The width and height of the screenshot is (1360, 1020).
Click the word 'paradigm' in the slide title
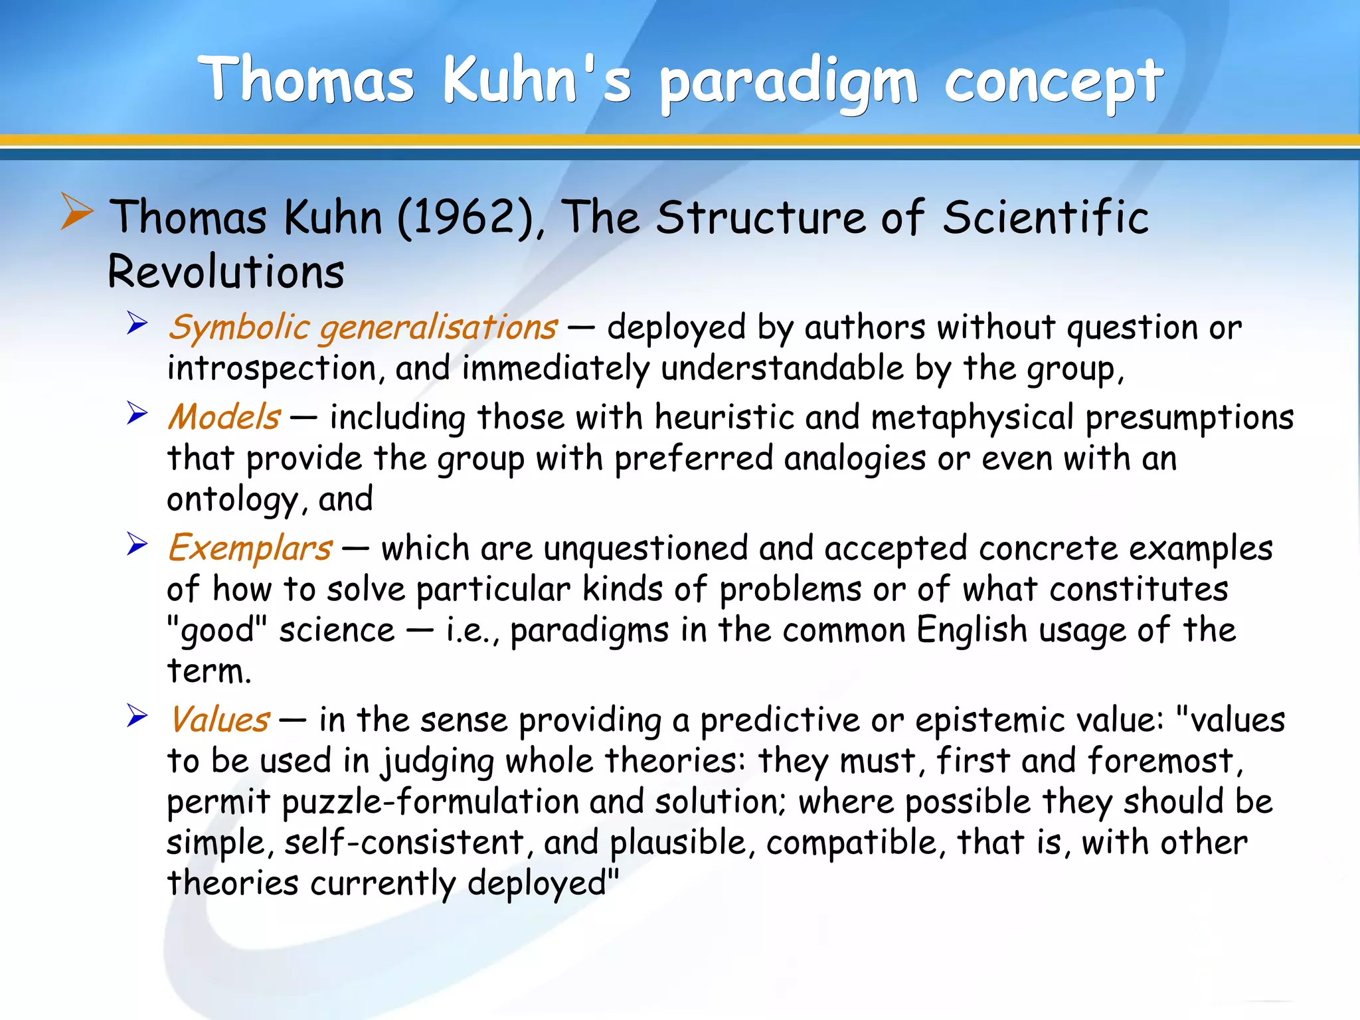(789, 83)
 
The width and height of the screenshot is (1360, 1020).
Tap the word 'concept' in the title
(1054, 83)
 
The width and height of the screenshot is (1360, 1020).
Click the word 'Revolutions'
(226, 272)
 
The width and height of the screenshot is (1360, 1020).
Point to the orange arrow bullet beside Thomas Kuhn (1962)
(76, 211)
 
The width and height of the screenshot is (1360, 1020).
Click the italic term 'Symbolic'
(239, 327)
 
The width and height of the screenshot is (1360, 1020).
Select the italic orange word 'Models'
(224, 417)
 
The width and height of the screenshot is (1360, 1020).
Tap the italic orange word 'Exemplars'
(250, 549)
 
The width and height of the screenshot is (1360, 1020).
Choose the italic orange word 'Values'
(220, 720)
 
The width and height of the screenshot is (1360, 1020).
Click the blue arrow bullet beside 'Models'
(137, 413)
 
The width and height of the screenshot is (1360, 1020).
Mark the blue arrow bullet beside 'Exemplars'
(137, 545)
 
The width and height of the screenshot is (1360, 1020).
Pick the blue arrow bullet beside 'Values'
(137, 716)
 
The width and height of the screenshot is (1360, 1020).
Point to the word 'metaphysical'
(972, 418)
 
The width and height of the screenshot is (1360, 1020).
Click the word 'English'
(972, 630)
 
